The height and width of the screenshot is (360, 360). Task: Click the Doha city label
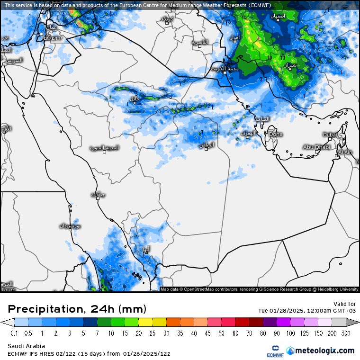276,135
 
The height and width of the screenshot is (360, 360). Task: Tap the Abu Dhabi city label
316,147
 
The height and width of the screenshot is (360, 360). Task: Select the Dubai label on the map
330,135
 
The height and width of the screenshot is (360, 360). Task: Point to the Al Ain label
345,152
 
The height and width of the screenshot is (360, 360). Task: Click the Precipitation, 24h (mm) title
77,309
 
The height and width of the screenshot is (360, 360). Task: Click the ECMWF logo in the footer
272,351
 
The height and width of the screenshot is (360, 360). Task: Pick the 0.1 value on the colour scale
14,333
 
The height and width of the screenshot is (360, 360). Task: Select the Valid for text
345,304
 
